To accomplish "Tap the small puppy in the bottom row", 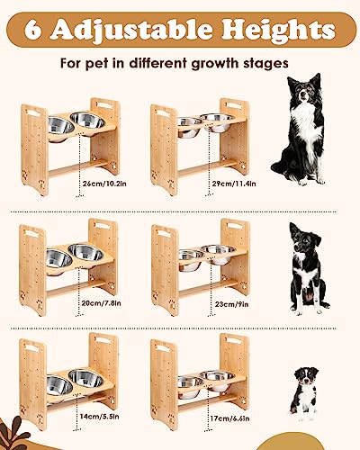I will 305,392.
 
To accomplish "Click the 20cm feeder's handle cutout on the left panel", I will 33,230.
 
